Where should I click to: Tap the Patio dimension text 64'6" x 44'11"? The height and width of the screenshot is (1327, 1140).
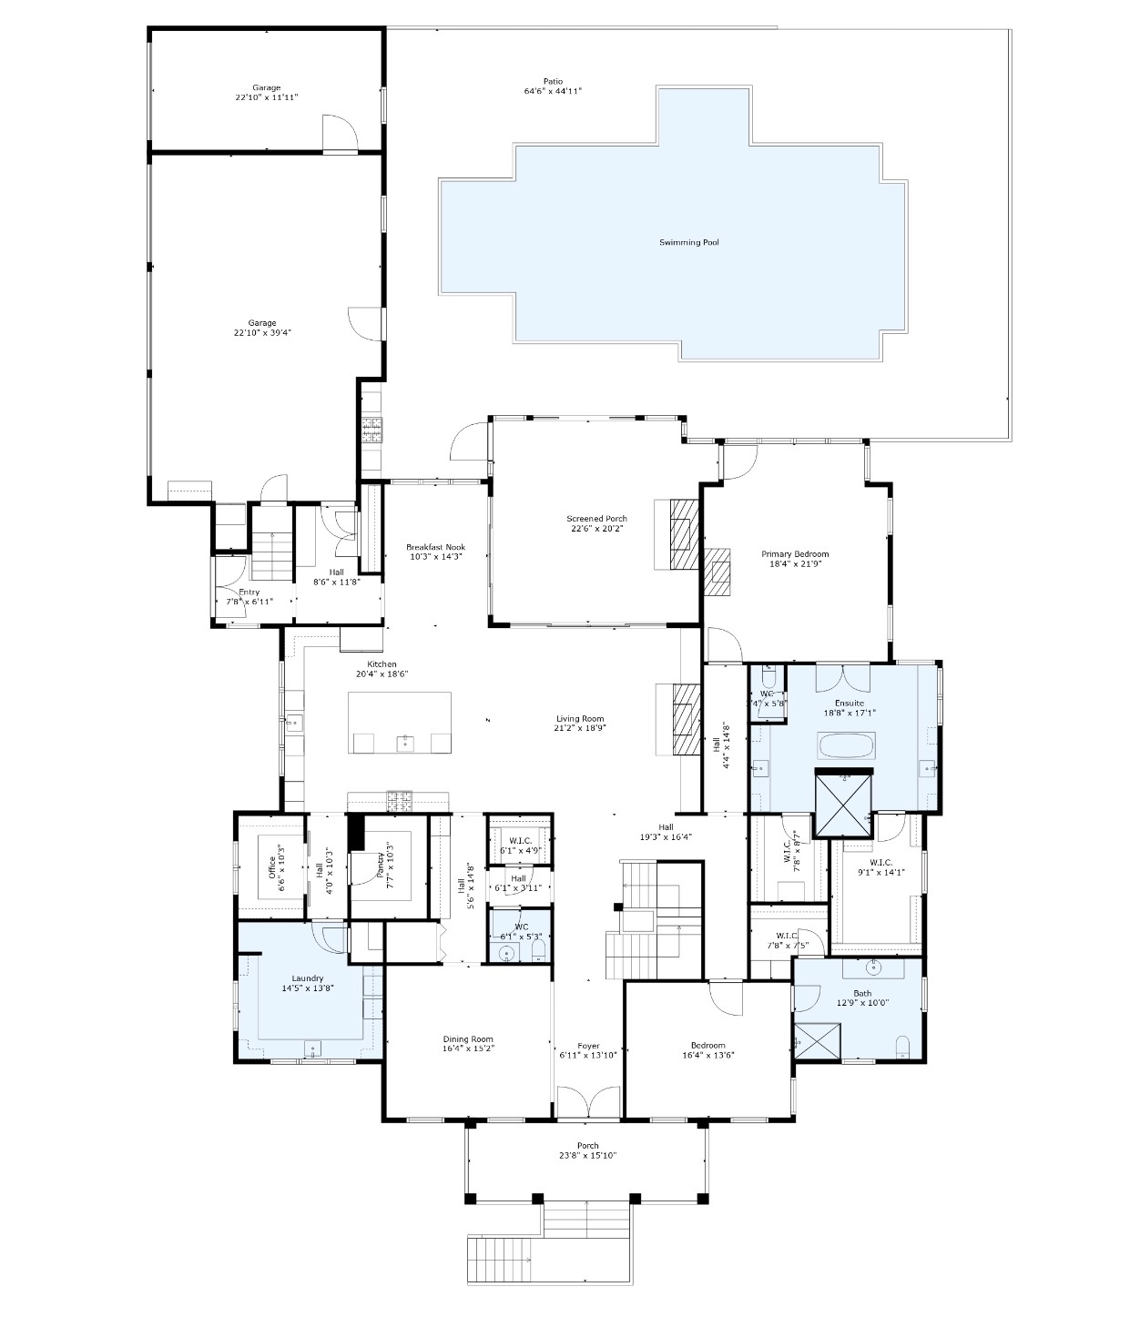click(x=553, y=91)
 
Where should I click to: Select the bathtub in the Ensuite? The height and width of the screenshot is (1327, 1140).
click(x=847, y=746)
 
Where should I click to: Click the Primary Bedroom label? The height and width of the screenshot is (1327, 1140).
click(x=795, y=553)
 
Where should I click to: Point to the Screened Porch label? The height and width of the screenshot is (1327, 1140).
click(x=596, y=519)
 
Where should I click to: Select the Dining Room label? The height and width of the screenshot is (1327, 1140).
click(x=468, y=1039)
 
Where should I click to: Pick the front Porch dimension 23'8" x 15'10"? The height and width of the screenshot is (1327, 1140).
click(x=587, y=1156)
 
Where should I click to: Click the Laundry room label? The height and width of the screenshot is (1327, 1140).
click(x=307, y=978)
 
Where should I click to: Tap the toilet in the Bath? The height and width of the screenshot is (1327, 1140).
click(x=902, y=1047)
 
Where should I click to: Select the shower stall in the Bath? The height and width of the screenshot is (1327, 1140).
click(x=817, y=1042)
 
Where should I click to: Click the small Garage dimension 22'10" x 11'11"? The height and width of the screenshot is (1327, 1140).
click(x=267, y=96)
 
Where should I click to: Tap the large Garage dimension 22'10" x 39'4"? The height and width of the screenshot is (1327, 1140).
click(x=262, y=333)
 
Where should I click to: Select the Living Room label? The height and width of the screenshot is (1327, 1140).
click(x=580, y=719)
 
